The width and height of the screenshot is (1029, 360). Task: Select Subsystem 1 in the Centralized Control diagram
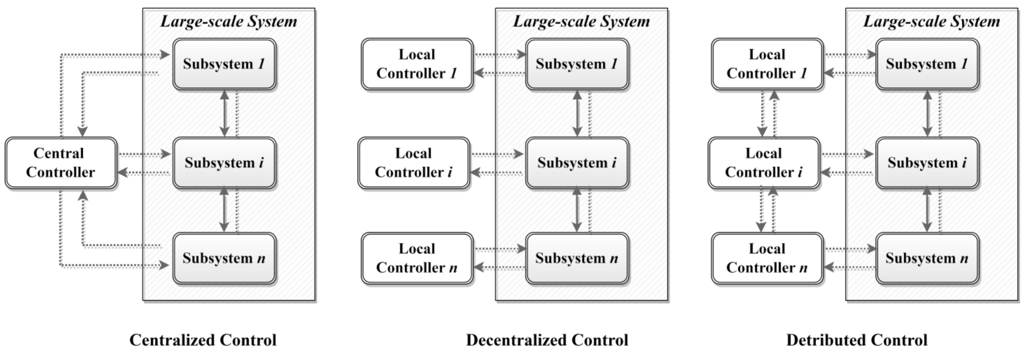click(224, 64)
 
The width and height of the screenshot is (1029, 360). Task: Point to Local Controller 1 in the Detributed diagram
click(767, 64)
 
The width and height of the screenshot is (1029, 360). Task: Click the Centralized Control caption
click(203, 340)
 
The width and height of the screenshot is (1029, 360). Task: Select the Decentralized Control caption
click(547, 340)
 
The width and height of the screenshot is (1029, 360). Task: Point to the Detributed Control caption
click(857, 340)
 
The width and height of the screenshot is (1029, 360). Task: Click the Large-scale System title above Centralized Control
click(229, 21)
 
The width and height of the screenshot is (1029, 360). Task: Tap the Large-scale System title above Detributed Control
click(932, 21)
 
